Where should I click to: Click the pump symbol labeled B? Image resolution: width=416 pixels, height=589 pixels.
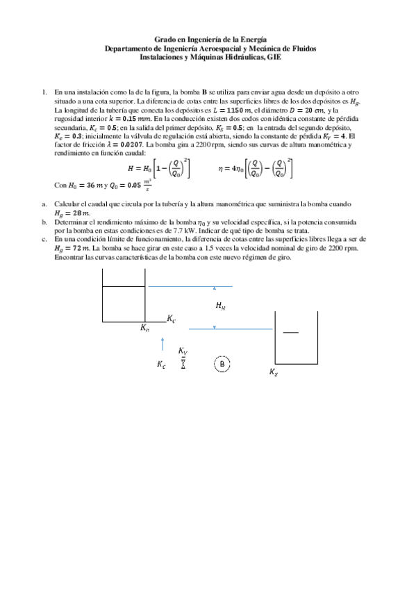click(x=222, y=363)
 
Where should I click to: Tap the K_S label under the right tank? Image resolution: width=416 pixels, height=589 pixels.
click(x=273, y=372)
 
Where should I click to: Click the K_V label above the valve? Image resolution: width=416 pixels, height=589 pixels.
click(x=183, y=351)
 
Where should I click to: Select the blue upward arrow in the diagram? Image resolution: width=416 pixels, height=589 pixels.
click(x=163, y=344)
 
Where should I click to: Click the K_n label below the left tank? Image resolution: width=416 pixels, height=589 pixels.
click(x=144, y=328)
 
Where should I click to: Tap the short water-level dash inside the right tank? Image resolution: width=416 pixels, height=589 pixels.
click(x=290, y=333)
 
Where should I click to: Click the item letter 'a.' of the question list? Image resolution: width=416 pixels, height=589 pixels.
click(x=44, y=204)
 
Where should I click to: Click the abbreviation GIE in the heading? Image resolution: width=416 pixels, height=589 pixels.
click(x=274, y=58)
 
